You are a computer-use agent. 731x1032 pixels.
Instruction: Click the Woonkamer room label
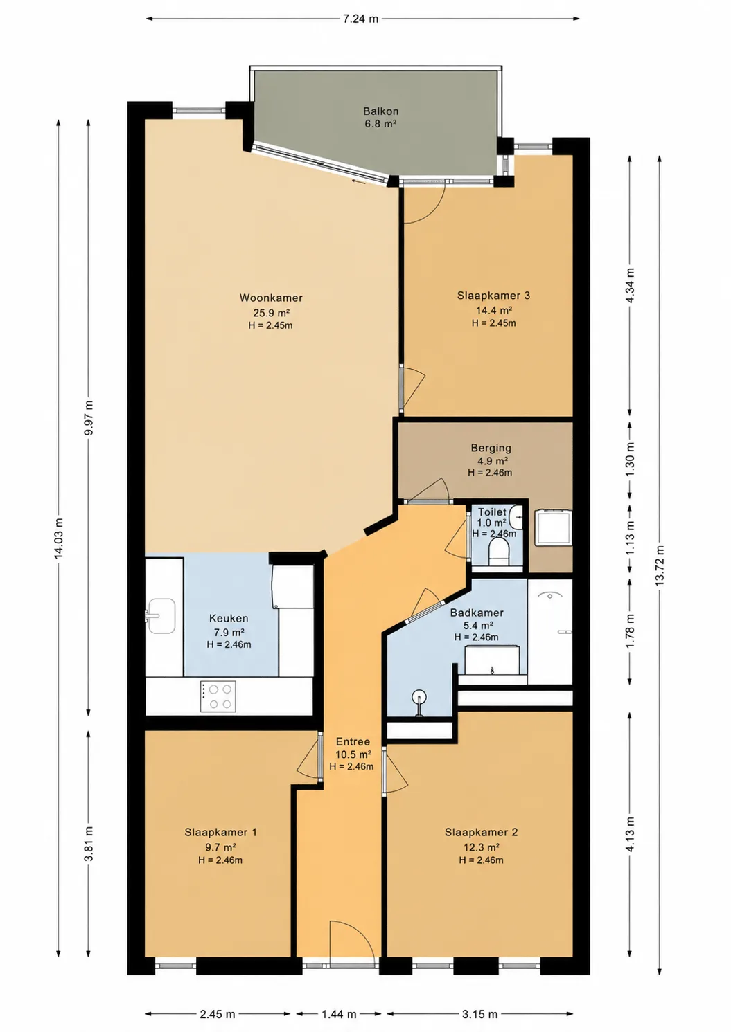pos(271,298)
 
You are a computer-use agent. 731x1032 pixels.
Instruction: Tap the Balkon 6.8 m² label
pos(380,117)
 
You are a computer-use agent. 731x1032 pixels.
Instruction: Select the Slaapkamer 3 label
pos(493,296)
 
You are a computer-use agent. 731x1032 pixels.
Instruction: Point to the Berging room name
pos(491,447)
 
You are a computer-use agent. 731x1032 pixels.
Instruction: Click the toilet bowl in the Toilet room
pos(498,552)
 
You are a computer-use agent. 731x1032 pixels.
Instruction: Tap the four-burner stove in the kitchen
pos(218,696)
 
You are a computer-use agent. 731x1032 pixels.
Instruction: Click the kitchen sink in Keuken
pos(161,616)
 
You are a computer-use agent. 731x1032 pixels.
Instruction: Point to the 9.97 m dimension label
pos(89,417)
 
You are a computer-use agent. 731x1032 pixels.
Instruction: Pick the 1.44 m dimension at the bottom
pos(339,1013)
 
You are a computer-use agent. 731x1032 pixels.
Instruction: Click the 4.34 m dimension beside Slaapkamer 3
pos(631,285)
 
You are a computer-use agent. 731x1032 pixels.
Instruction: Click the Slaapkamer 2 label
pos(481,832)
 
